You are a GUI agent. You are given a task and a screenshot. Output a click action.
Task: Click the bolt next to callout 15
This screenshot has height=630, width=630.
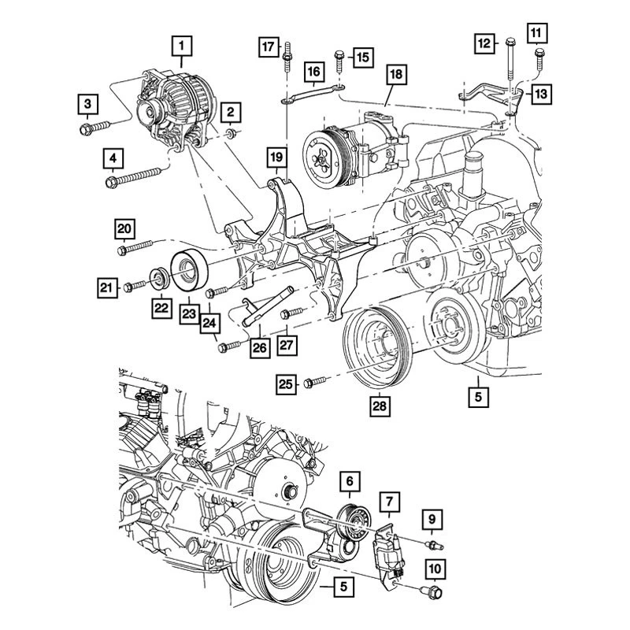pyautogui.click(x=339, y=58)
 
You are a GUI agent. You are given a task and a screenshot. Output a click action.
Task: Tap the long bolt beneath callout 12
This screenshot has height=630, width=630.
pyautogui.click(x=510, y=71)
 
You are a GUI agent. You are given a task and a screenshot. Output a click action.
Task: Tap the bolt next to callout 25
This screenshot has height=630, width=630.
pyautogui.click(x=313, y=382)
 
